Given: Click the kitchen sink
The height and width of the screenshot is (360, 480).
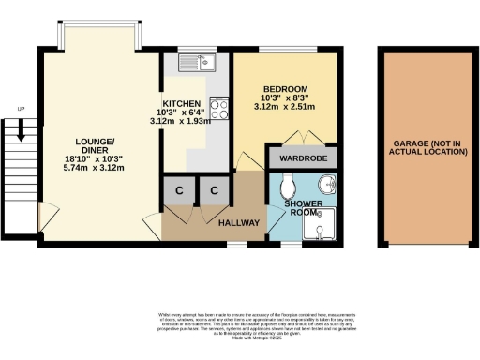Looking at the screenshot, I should pos(209,65).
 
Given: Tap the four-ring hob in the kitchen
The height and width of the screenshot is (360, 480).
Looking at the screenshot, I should pos(219,110).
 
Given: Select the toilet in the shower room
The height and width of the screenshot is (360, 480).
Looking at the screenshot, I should pos(287,181).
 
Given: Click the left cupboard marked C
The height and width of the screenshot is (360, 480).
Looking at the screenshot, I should pos(177,190).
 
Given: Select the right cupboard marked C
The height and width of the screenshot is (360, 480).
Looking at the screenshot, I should pos(215,190).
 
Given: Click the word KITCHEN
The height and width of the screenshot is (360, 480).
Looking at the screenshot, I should pos(181,103).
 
